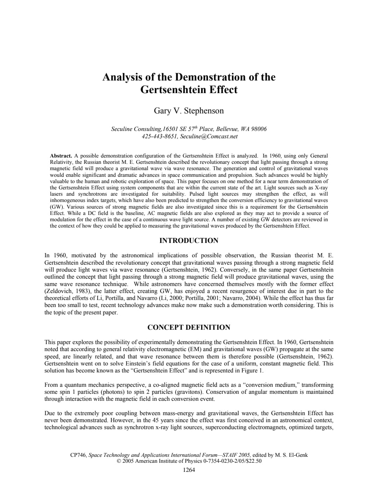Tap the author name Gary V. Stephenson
point(189,111)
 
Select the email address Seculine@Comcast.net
point(209,137)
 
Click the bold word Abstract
point(61,156)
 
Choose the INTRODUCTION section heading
point(189,241)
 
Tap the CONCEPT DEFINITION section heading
point(189,328)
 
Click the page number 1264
point(189,470)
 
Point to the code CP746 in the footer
point(78,455)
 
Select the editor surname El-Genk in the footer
point(298,455)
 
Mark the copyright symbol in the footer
point(119,461)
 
